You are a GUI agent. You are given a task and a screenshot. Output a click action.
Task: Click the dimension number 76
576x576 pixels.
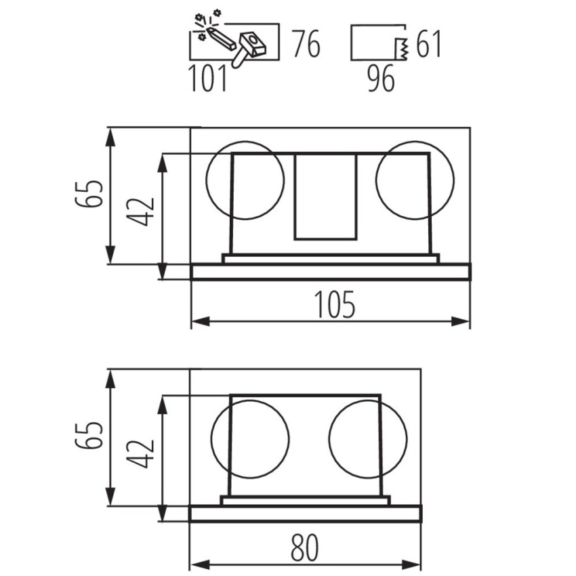pyautogui.click(x=307, y=44)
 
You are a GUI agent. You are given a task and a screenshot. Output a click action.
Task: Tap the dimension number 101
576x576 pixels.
pyautogui.click(x=208, y=78)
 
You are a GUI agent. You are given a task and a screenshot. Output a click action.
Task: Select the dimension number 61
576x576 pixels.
pyautogui.click(x=428, y=44)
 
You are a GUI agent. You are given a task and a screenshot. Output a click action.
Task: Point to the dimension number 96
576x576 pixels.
pyautogui.click(x=382, y=78)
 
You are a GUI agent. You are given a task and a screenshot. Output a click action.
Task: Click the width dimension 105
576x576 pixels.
pyautogui.click(x=335, y=304)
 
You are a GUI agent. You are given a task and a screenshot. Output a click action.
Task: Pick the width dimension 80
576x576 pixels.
pyautogui.click(x=304, y=548)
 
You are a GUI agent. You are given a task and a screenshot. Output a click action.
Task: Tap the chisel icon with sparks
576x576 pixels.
pyautogui.click(x=215, y=30)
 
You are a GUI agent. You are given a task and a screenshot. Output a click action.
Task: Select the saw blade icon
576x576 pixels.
pyautogui.click(x=402, y=49)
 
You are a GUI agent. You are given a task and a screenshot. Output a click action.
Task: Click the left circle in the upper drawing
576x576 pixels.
pyautogui.click(x=206, y=180)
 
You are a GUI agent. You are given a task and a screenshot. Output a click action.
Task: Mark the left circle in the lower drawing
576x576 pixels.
pyautogui.click(x=212, y=438)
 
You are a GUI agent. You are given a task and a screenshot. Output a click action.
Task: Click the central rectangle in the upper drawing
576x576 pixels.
pyautogui.click(x=294, y=197)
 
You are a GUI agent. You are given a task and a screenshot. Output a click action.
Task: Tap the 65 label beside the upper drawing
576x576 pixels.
pyautogui.click(x=89, y=194)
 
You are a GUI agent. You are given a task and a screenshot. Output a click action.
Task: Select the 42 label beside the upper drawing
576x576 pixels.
pyautogui.click(x=140, y=212)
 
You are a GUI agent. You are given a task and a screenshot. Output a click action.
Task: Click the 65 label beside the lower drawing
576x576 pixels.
pyautogui.click(x=89, y=436)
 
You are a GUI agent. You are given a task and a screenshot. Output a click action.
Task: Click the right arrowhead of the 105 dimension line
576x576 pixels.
pyautogui.click(x=461, y=321)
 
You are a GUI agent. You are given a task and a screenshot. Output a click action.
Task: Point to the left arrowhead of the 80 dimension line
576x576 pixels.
pyautogui.click(x=200, y=564)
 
